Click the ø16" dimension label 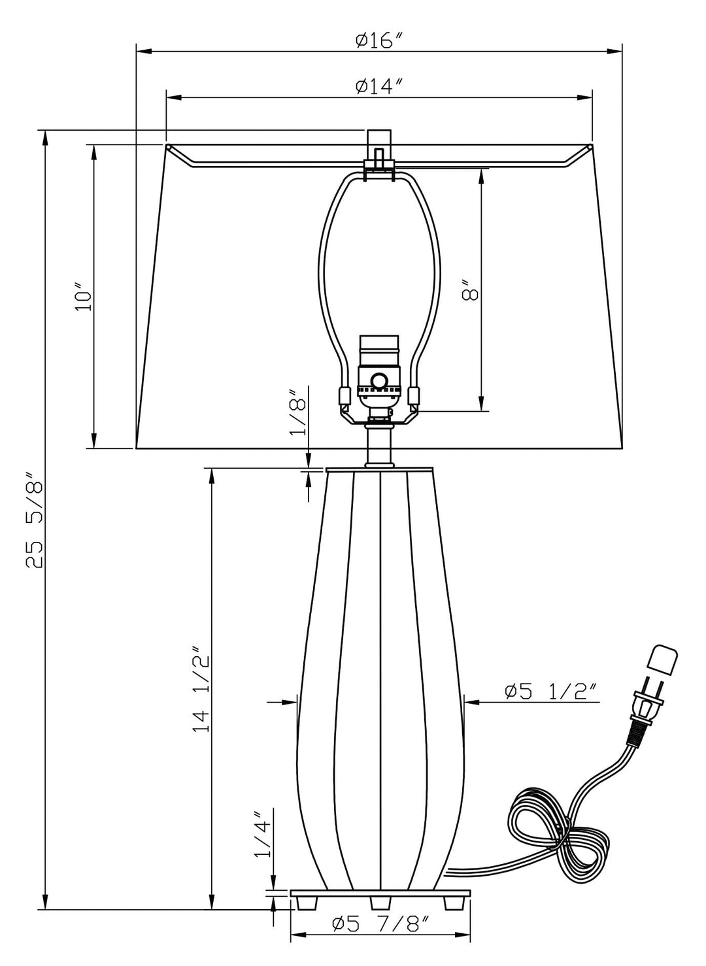click(x=378, y=41)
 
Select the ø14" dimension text click(x=378, y=86)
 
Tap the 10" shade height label click(x=82, y=297)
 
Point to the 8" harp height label click(x=469, y=290)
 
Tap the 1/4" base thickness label click(x=263, y=835)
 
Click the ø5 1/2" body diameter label click(x=550, y=691)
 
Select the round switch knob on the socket click(x=378, y=380)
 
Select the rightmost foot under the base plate click(x=454, y=903)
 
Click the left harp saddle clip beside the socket click(x=344, y=396)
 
